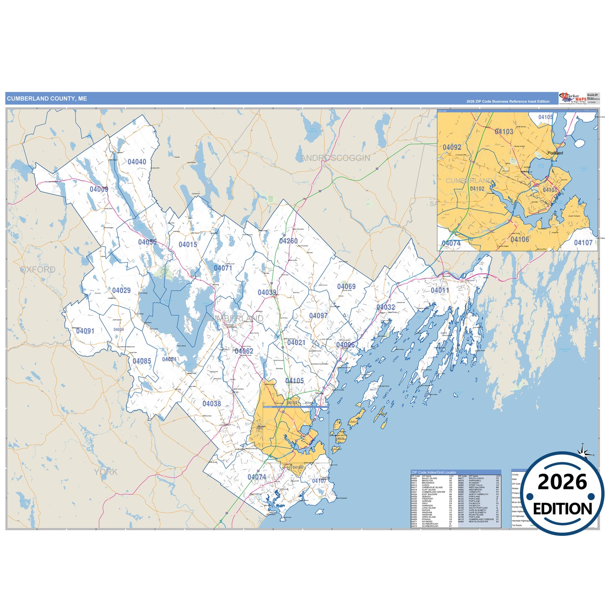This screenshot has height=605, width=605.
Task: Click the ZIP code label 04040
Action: [x=137, y=162]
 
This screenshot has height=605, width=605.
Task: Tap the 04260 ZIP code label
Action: [x=288, y=241]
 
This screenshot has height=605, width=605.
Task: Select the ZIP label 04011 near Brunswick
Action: [x=440, y=290]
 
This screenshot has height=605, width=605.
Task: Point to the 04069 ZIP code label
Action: [x=346, y=287]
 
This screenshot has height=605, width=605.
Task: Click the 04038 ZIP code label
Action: [x=211, y=404]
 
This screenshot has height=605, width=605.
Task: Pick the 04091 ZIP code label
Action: [x=85, y=331]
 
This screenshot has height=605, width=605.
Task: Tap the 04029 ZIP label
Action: [x=121, y=291]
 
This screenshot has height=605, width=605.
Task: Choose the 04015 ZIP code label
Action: [x=188, y=245]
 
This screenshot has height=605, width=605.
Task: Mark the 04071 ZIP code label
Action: [x=223, y=268]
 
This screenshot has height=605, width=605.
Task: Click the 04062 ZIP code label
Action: [x=244, y=351]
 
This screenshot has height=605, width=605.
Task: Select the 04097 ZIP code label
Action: [x=318, y=316]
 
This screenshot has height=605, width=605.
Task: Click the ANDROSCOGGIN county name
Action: [x=336, y=158]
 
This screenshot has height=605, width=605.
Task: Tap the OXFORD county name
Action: [x=38, y=270]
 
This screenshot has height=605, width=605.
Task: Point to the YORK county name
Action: [x=106, y=472]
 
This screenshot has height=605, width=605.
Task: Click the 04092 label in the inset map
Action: [x=452, y=147]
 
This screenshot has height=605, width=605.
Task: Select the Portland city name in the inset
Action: [x=555, y=153]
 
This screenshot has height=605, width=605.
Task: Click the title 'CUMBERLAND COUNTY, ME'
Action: [x=47, y=99]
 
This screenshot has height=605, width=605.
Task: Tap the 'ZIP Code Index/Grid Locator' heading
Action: [x=434, y=472]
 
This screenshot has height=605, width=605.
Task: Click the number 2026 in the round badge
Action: [x=562, y=482]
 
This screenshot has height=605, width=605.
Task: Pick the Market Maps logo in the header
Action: [x=573, y=98]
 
